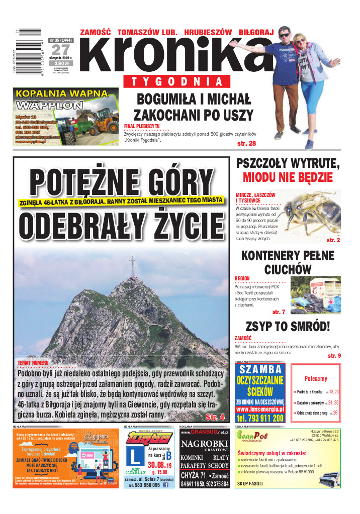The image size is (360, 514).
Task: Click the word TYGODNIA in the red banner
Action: [176, 81]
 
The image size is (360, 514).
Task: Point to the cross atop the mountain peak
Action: [132, 265]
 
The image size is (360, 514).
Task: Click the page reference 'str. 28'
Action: [246, 144]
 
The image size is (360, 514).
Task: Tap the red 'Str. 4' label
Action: [215, 417]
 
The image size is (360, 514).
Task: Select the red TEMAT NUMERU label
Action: [33, 363]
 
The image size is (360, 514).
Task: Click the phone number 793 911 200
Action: [260, 418]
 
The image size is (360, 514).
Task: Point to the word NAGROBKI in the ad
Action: [204, 444]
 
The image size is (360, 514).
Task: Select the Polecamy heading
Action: [316, 379]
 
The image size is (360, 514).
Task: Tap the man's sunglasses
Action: [284, 35]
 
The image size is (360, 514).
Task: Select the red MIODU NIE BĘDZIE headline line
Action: [288, 177]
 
